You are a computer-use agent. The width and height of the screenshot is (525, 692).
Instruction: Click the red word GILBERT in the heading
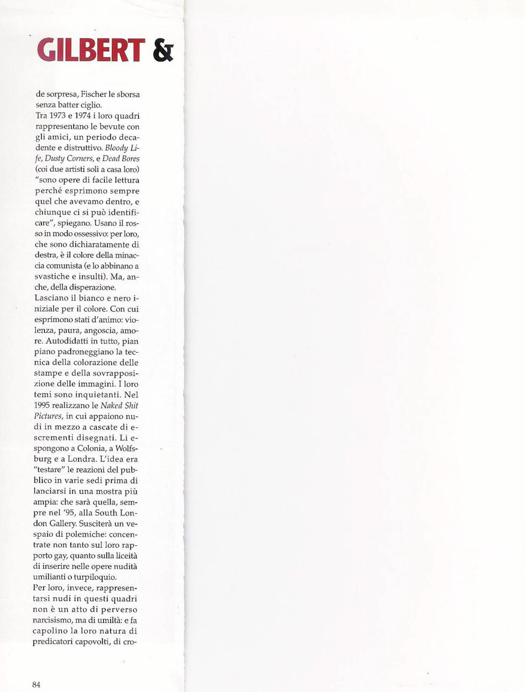pyautogui.click(x=91, y=50)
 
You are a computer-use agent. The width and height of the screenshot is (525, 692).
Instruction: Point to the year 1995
pyautogui.click(x=41, y=406)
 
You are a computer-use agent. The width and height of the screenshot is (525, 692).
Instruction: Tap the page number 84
pyautogui.click(x=36, y=684)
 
